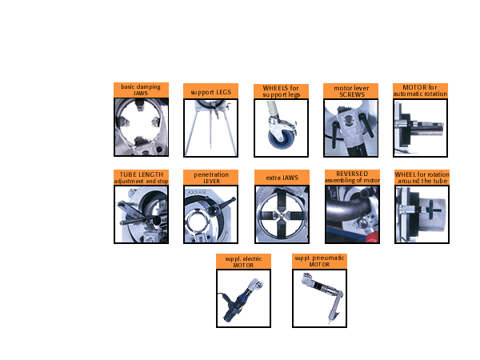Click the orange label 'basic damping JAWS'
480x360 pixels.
(x=141, y=90)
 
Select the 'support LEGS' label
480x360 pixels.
(x=211, y=92)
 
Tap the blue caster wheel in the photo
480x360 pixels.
(x=281, y=138)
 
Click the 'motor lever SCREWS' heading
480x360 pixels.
(x=351, y=91)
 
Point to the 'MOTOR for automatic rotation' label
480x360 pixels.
(x=420, y=90)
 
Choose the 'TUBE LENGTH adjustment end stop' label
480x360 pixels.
(x=141, y=178)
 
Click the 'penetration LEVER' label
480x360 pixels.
(x=211, y=178)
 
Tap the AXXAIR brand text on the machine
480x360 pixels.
(x=197, y=192)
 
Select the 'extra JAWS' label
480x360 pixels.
(x=282, y=178)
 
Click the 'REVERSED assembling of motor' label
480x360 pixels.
(x=352, y=177)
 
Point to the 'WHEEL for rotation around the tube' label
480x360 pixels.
(x=422, y=178)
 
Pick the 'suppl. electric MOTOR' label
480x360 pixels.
(x=243, y=262)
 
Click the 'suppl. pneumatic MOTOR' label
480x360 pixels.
(x=319, y=261)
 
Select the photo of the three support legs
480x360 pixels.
(x=210, y=128)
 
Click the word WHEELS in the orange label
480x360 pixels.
(x=275, y=88)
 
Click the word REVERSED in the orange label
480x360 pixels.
(x=352, y=174)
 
